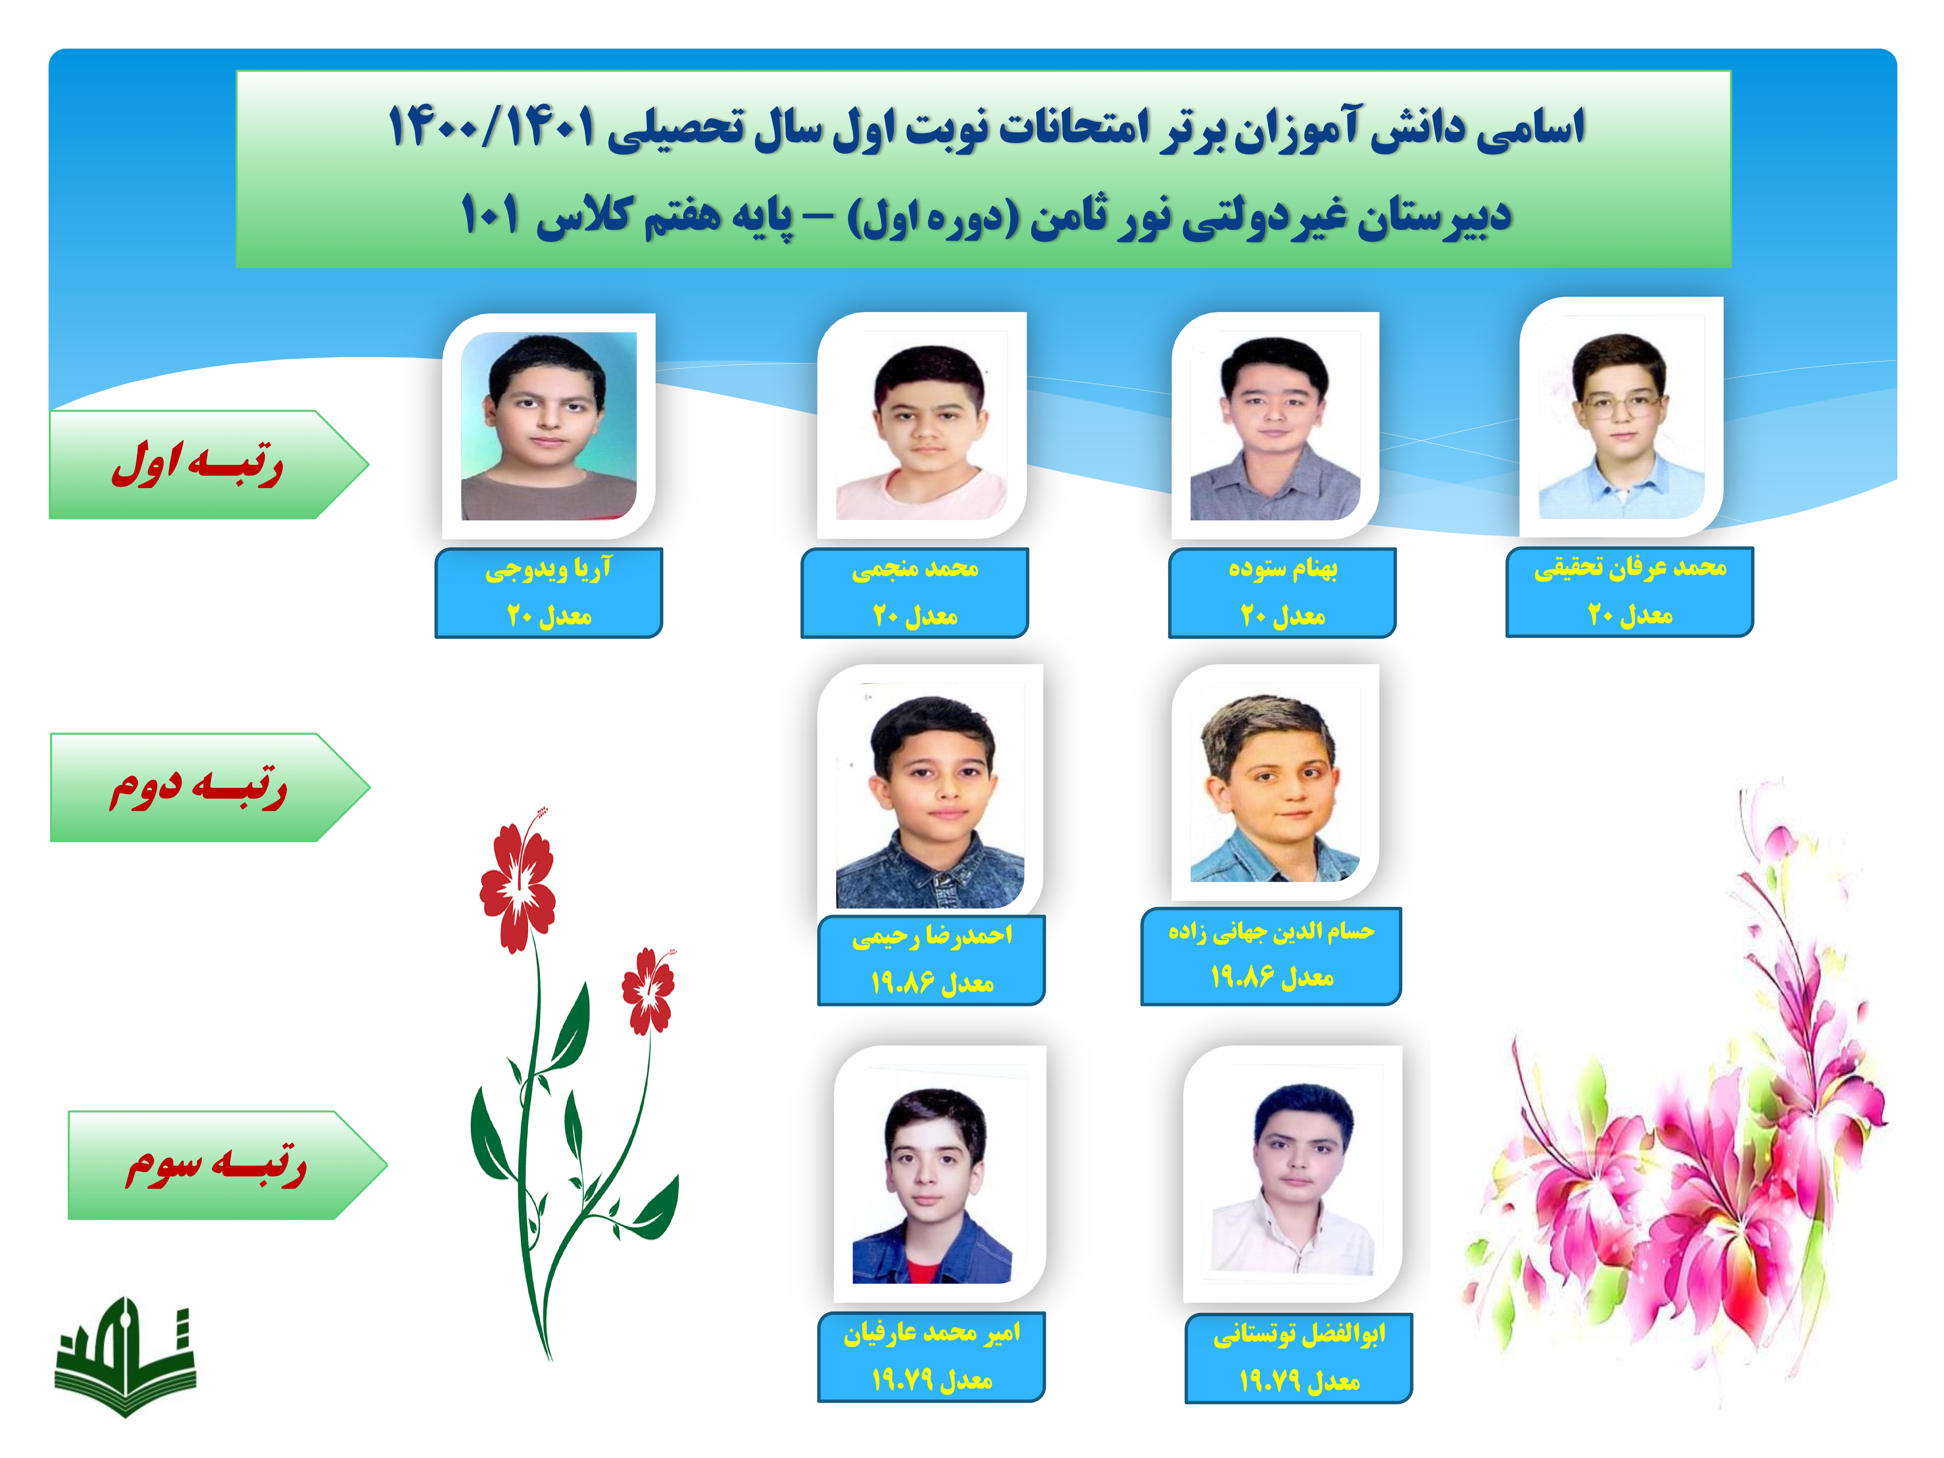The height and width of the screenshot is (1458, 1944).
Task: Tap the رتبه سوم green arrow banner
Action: tap(227, 1164)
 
